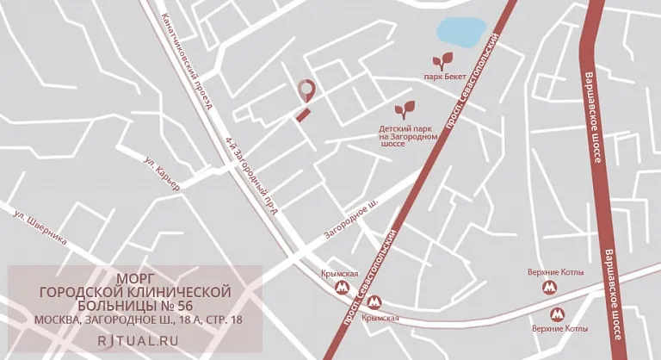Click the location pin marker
pos(304,90)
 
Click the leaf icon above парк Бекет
pos(444,61)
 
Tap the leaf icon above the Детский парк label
pos(404,110)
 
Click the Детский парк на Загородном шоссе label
pos(409,136)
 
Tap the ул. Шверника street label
pos(40,227)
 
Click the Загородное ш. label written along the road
pos(351,220)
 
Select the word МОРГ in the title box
pos(135,278)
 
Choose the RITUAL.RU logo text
pos(138,341)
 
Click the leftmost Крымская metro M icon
pos(343,288)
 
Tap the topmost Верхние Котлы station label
pos(555,273)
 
